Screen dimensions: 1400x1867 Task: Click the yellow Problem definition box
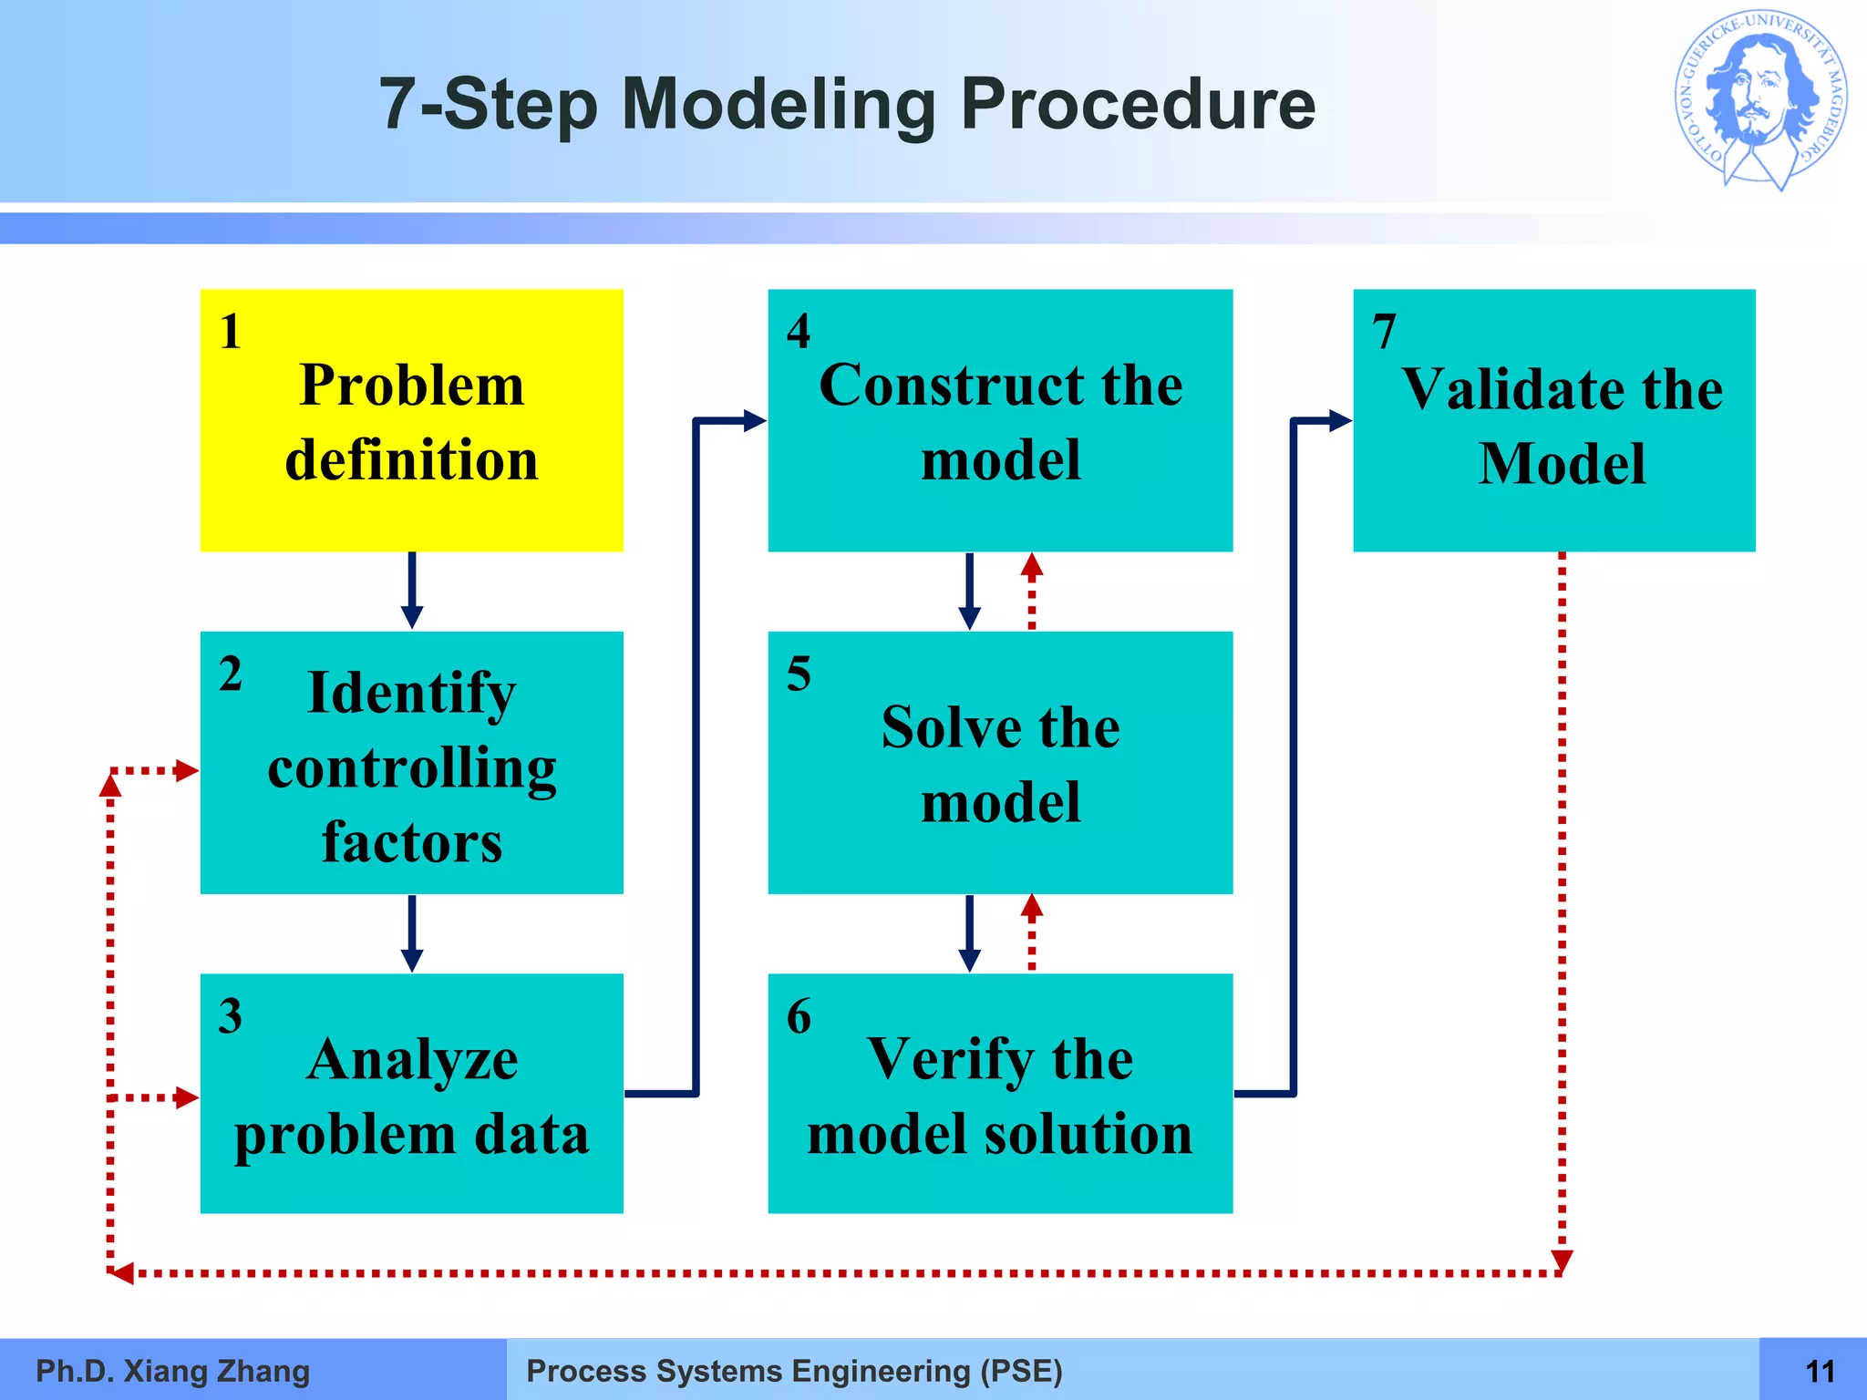411,420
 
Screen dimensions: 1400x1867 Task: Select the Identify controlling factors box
411,762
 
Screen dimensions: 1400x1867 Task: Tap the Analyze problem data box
411,1093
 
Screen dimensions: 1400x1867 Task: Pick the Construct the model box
1000,420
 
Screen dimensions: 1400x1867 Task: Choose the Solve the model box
1000,762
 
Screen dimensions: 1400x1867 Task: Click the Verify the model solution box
1000,1093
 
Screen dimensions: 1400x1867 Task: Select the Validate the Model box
1553,420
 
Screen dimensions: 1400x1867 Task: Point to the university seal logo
1760,101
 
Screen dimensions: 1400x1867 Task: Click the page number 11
1820,1371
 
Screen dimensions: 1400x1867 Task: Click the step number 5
799,674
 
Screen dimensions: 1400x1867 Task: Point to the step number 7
1384,331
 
